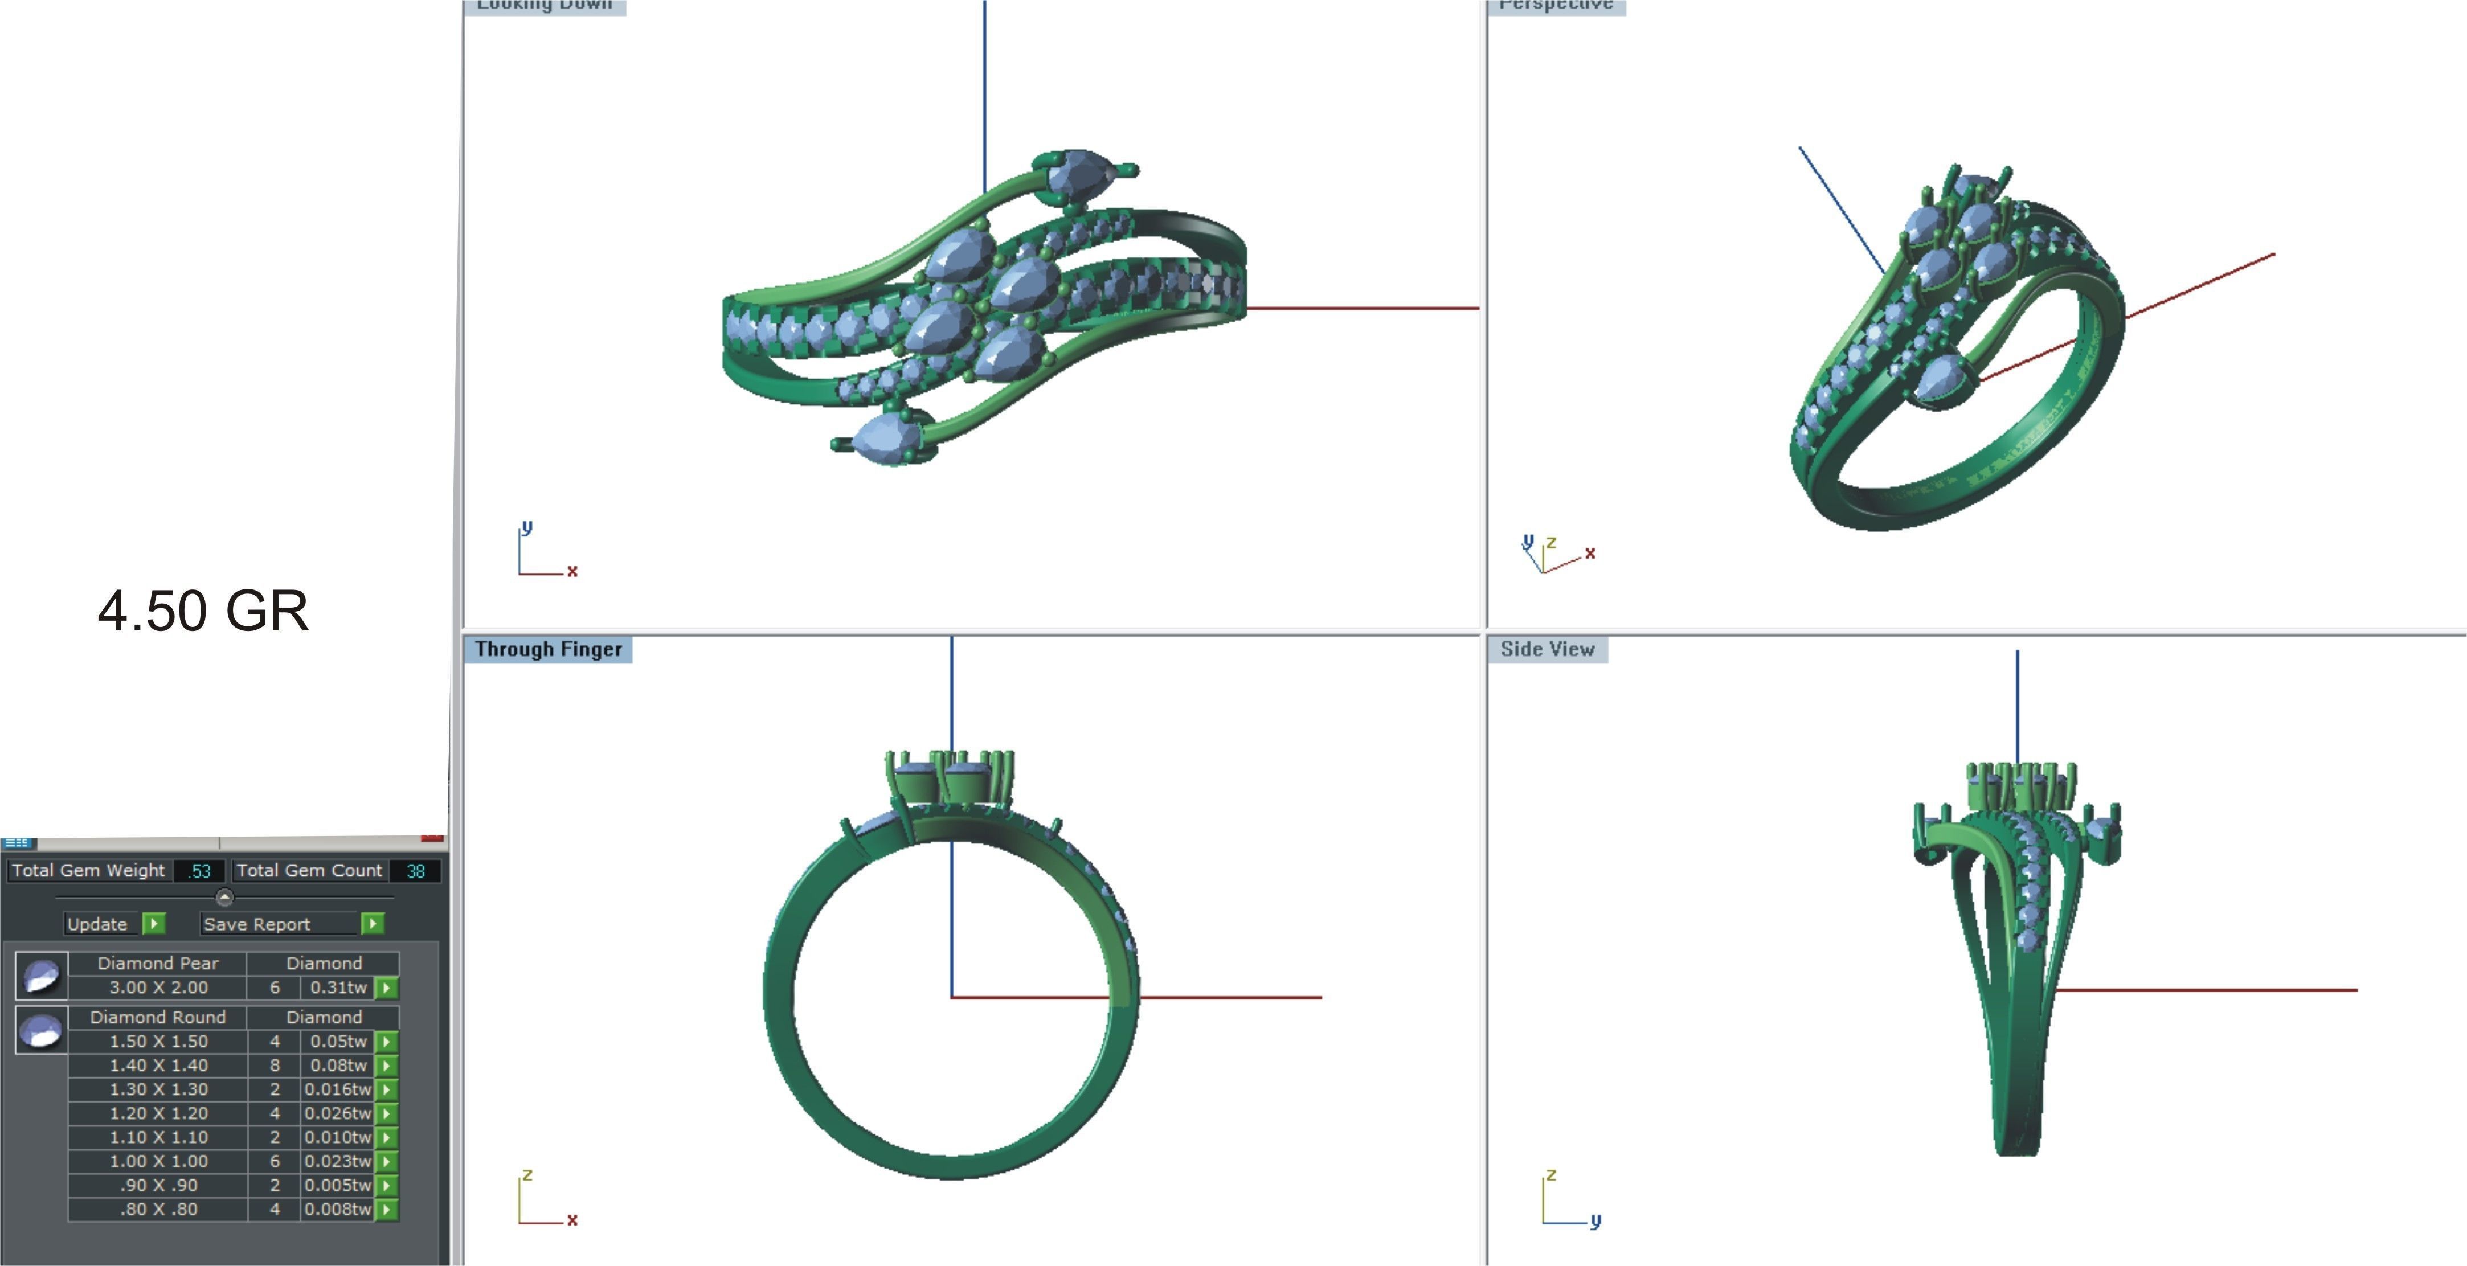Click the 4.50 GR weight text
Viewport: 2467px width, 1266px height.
pos(203,611)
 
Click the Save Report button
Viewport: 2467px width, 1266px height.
pos(257,924)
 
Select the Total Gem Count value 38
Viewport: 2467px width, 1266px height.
pos(415,871)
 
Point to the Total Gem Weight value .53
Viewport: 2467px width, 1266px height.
pos(199,871)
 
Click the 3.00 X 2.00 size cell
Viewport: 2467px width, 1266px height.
pos(158,988)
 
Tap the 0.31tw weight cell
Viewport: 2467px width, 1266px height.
pos(337,988)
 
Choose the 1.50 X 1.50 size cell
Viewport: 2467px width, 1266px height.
pos(158,1041)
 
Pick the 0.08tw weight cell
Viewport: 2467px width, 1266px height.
pos(337,1065)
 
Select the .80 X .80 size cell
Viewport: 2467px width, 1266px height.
pos(158,1210)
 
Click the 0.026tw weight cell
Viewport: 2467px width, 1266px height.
pos(337,1113)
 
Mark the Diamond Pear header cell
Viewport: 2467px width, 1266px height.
pos(158,964)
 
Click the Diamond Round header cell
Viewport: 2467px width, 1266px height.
pos(158,1017)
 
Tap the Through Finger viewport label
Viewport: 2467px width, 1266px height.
pos(548,649)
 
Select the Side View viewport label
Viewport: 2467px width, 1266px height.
pos(1547,649)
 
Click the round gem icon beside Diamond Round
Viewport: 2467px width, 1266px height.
pos(41,1030)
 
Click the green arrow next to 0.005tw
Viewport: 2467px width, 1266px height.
pos(386,1186)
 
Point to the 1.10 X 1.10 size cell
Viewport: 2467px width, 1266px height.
pos(158,1137)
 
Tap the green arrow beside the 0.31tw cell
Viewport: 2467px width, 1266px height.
pos(386,988)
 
